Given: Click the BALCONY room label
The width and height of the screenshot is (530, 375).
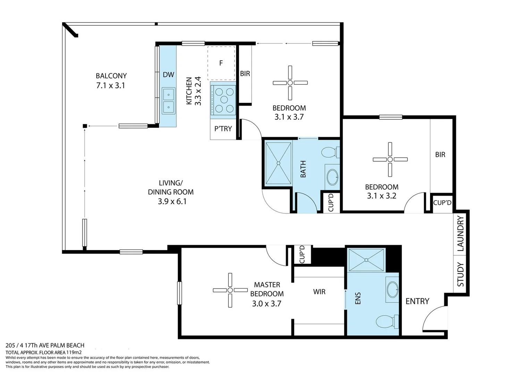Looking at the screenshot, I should [x=111, y=76].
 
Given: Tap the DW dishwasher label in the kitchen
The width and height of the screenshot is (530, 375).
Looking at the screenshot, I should [x=168, y=75].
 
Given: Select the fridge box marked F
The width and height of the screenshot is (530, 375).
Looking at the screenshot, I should [x=221, y=63].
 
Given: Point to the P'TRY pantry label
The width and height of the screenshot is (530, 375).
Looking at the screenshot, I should [x=223, y=129].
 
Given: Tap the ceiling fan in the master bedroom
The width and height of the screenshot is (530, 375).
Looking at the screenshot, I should [x=230, y=290].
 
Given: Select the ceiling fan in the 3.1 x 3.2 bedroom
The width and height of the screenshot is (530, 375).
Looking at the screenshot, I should [x=390, y=159].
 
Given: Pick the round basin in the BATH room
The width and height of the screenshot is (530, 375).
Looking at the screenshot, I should [x=333, y=177].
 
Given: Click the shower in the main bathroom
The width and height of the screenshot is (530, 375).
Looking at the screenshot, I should [x=278, y=163].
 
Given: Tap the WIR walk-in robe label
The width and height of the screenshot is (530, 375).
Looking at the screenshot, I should [x=319, y=292].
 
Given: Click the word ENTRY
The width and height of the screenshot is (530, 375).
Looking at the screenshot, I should [x=417, y=301].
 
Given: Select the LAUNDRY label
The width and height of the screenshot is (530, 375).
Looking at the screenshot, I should [x=460, y=233].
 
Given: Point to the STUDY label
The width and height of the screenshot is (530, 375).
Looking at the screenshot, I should [x=460, y=274].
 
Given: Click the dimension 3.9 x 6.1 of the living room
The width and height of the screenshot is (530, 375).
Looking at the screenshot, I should [x=172, y=201].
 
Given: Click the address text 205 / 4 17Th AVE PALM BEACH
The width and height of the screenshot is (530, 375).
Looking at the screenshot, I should [x=45, y=345].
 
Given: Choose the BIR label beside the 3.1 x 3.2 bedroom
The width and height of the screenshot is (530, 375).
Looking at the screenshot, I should [x=440, y=155].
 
